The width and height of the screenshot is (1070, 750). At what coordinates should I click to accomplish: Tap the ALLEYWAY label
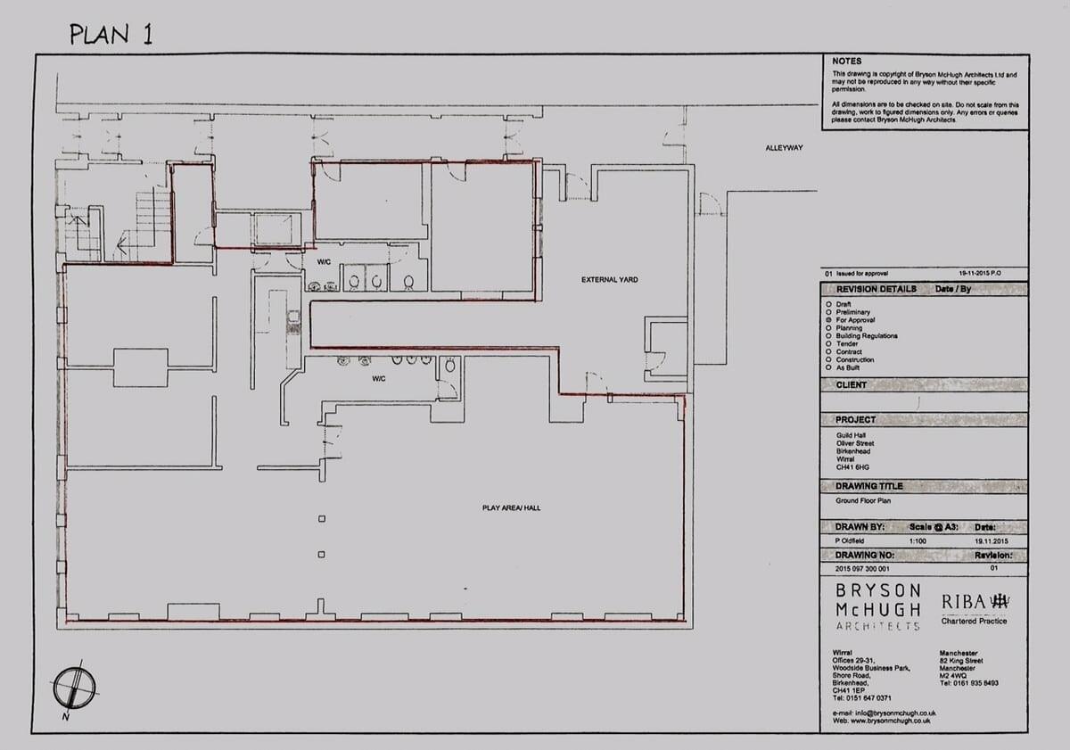click(x=784, y=148)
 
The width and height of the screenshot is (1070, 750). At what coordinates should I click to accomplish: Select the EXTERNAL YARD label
click(x=609, y=280)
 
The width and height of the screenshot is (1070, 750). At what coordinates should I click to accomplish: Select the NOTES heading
click(x=846, y=62)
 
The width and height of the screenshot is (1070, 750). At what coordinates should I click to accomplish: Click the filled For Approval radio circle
click(x=829, y=320)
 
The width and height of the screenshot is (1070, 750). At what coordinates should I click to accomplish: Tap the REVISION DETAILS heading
click(x=876, y=290)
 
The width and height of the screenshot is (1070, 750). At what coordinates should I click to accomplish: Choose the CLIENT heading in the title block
click(x=851, y=385)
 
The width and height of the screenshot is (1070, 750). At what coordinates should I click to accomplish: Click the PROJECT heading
click(x=855, y=420)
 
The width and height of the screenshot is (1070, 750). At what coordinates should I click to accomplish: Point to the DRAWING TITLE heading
click(x=868, y=487)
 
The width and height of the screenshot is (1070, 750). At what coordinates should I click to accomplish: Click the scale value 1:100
click(x=919, y=541)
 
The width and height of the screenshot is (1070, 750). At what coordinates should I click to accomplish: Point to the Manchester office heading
click(x=959, y=654)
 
